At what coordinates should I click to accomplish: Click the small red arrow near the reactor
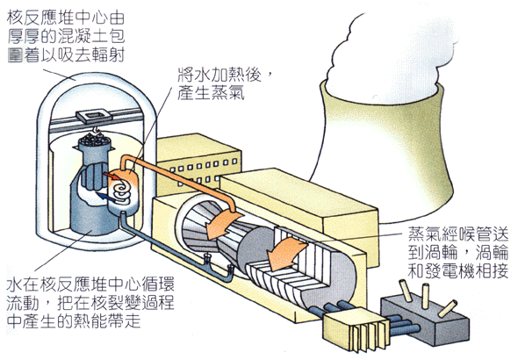coord(111,176)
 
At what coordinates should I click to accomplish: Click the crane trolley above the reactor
coord(93,116)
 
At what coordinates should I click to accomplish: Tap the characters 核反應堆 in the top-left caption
coord(40,18)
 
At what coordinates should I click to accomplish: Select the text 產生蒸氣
coord(211,92)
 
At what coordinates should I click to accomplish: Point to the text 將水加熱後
coord(219,75)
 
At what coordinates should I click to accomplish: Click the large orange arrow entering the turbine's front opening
coord(220,225)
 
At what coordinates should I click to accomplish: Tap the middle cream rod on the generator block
coord(426,296)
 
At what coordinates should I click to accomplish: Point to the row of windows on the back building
coord(203,165)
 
